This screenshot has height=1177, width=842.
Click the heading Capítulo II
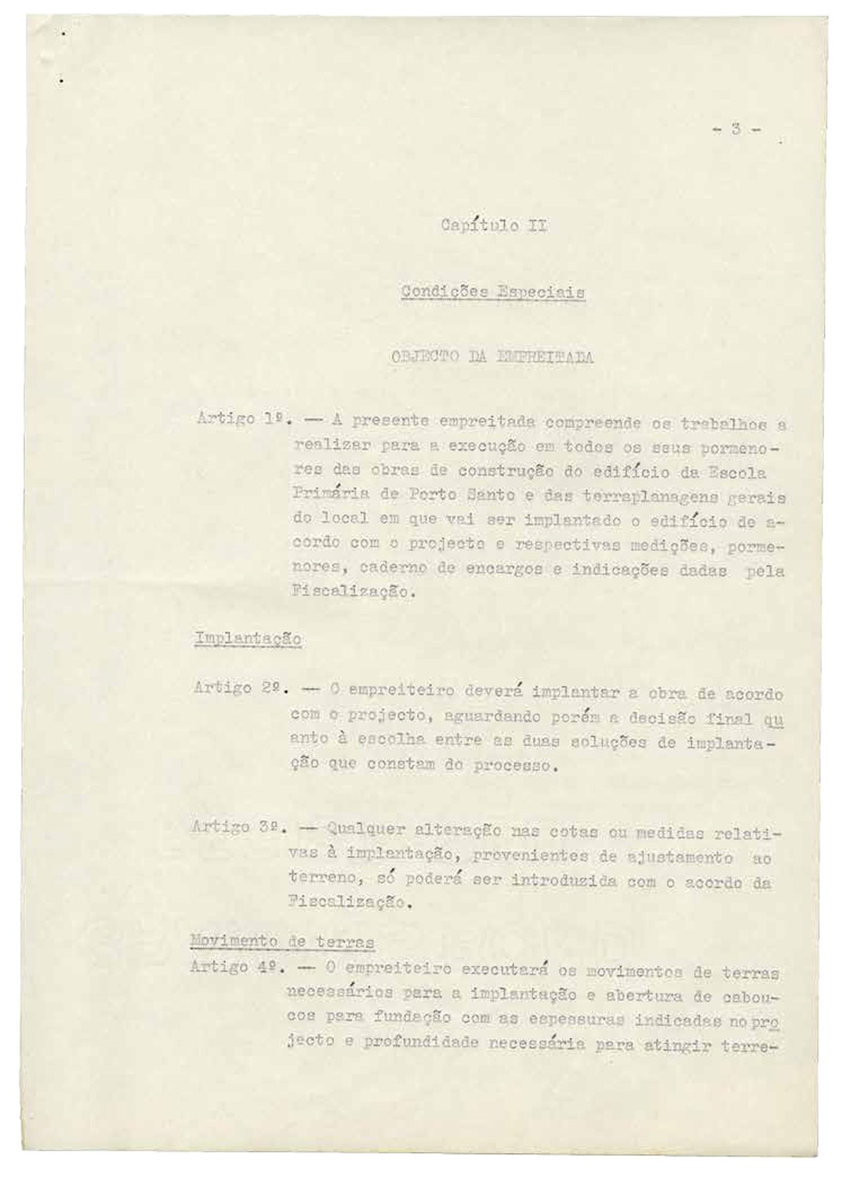pos(493,227)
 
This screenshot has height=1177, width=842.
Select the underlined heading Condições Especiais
pos(493,293)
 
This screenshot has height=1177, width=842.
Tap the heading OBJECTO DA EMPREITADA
pos(492,358)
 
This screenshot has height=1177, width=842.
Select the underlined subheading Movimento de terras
pos(283,941)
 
